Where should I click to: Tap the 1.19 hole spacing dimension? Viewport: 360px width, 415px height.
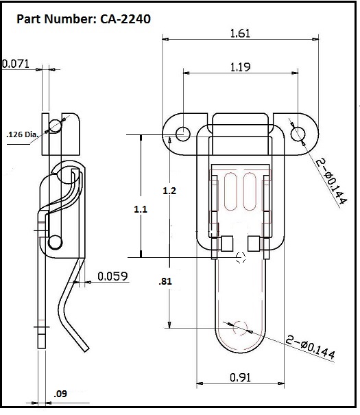tap(241, 67)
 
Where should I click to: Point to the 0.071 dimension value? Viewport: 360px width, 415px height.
tap(15, 64)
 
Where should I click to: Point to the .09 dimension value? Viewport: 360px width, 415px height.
tap(61, 394)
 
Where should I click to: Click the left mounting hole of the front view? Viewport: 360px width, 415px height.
tap(183, 134)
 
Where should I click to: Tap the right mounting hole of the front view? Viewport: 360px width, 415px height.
tap(298, 134)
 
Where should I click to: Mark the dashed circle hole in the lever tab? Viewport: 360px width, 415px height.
tap(240, 327)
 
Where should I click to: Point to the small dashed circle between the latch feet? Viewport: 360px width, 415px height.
tap(241, 258)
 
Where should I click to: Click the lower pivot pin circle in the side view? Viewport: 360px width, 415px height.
tap(55, 241)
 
